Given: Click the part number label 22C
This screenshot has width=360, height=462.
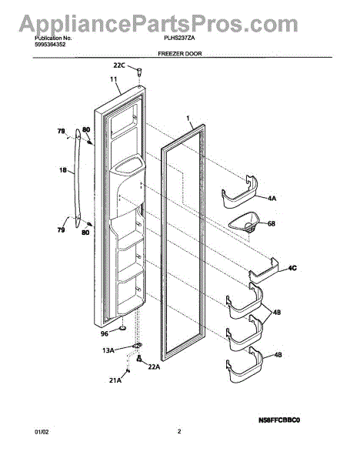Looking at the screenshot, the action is tap(119, 65).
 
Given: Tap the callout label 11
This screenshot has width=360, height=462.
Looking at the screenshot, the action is tap(114, 79).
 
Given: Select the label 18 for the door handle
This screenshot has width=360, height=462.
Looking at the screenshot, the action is tap(63, 170).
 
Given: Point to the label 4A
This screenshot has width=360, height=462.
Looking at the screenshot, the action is tap(272, 199).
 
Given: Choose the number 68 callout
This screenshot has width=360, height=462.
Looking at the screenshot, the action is tap(271, 223).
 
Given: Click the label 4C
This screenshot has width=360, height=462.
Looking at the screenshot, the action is tap(292, 268).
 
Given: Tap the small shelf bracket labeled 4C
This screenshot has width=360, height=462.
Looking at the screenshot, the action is tap(264, 270).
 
